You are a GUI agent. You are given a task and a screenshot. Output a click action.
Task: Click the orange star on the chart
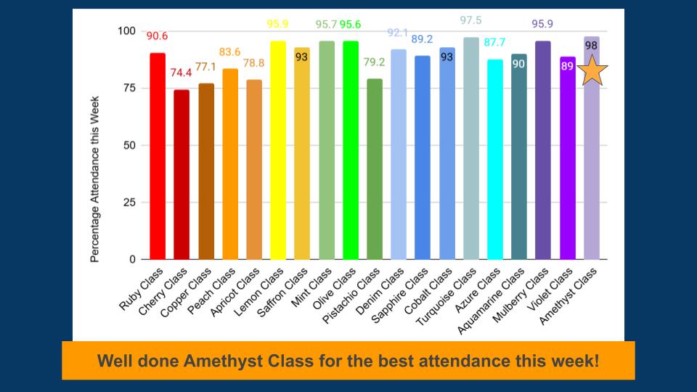592,70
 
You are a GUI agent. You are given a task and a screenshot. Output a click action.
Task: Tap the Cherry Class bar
182,174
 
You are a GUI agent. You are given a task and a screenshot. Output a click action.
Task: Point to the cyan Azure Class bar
495,160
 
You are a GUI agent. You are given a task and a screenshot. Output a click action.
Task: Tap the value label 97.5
471,20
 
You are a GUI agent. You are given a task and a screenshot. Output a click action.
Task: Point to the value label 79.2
375,62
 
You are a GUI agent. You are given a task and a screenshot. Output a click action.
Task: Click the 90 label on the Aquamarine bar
519,64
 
